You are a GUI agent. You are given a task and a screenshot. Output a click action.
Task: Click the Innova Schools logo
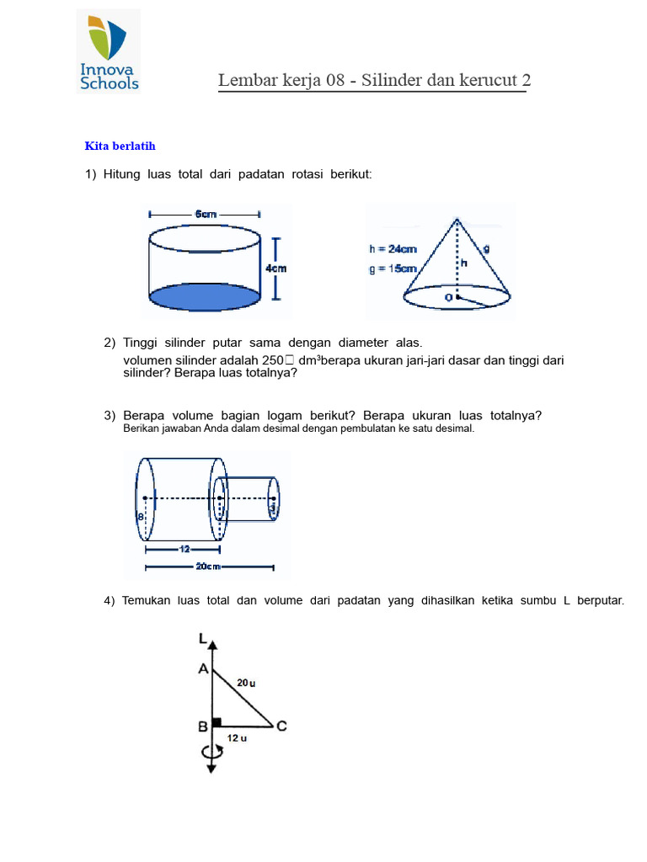[x=109, y=51]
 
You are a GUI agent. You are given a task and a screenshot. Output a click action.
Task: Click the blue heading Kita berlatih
[x=120, y=146]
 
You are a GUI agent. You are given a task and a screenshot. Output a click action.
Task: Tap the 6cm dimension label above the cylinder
[x=206, y=215]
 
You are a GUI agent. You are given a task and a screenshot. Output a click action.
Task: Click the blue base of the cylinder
[x=205, y=297]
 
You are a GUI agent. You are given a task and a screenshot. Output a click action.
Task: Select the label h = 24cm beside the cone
[x=393, y=249]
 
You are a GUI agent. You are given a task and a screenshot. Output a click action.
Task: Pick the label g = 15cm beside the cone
[x=393, y=269]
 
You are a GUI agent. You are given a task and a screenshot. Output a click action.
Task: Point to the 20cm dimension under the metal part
[x=207, y=567]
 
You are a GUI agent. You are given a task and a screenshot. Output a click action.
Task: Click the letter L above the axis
[x=202, y=640]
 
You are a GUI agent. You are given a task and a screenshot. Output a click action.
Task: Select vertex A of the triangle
[x=203, y=669]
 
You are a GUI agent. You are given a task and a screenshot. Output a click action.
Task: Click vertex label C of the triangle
[x=281, y=726]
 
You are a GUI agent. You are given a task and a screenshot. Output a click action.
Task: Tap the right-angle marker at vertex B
[x=217, y=721]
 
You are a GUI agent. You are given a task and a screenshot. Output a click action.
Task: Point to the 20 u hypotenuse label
[x=246, y=684]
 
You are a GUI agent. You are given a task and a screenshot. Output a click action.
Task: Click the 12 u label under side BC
[x=238, y=738]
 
